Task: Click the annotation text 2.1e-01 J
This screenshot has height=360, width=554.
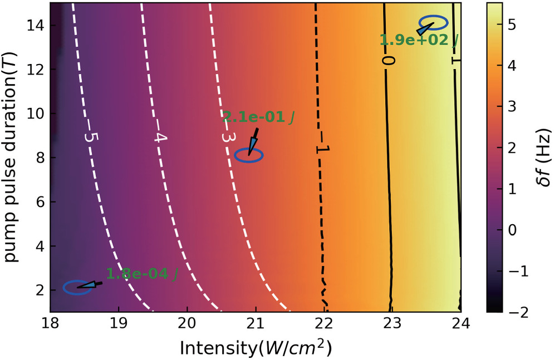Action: pyautogui.click(x=258, y=117)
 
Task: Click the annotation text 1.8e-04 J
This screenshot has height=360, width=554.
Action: pyautogui.click(x=141, y=274)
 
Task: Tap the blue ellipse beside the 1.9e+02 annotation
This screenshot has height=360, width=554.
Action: pyautogui.click(x=434, y=23)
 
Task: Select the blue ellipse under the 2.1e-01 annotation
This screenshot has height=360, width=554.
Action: pyautogui.click(x=248, y=156)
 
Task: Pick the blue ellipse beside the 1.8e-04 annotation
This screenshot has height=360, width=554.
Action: pyautogui.click(x=77, y=288)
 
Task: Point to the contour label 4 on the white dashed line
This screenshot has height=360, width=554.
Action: pyautogui.click(x=159, y=137)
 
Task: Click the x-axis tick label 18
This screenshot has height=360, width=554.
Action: pyautogui.click(x=50, y=323)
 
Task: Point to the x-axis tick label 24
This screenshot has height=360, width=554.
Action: pyautogui.click(x=460, y=323)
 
